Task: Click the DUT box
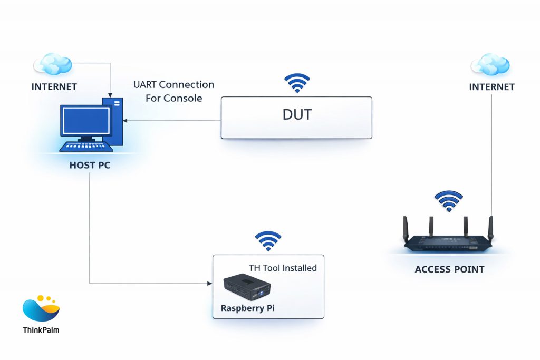[x=296, y=118]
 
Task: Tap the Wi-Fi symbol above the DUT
[x=297, y=83]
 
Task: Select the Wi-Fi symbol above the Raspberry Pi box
[x=268, y=241]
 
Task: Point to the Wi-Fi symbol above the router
[x=449, y=201]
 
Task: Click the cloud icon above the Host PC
[x=53, y=64]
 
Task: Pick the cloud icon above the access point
[x=491, y=64]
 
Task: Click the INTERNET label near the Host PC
[x=54, y=86]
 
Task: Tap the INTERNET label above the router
[x=491, y=86]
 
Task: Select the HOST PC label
[x=90, y=165]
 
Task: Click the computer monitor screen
[x=84, y=121]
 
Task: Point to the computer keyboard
[x=86, y=146]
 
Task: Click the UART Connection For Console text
[x=173, y=91]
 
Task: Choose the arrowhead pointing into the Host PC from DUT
[x=125, y=121]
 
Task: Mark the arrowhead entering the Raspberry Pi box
[x=209, y=284]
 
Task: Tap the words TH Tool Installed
[x=283, y=268]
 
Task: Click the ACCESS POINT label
[x=449, y=269]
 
